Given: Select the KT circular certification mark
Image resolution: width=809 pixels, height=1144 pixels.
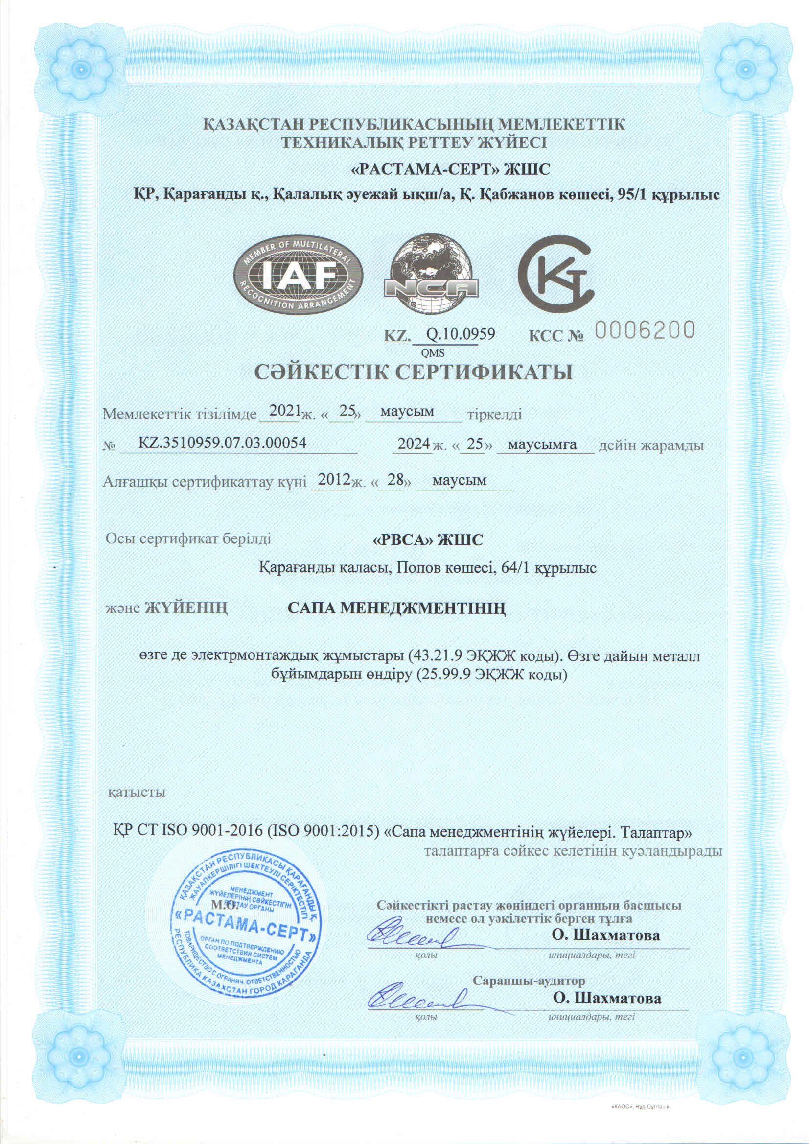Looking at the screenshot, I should coord(556,276).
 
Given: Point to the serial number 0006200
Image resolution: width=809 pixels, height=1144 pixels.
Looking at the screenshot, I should coord(645,330).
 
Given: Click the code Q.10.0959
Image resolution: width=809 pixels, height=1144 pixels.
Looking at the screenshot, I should coord(461,334).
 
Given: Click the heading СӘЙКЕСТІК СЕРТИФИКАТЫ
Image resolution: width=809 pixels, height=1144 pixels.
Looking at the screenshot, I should coord(414,373).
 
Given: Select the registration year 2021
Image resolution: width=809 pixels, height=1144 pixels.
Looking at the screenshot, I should coord(283,412).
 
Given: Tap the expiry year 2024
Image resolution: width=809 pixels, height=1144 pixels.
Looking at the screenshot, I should coord(413,444).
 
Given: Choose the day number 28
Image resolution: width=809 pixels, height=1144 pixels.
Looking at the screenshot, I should coord(395,480).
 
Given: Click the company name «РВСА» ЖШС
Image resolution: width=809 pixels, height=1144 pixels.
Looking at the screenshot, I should coord(428,540).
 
